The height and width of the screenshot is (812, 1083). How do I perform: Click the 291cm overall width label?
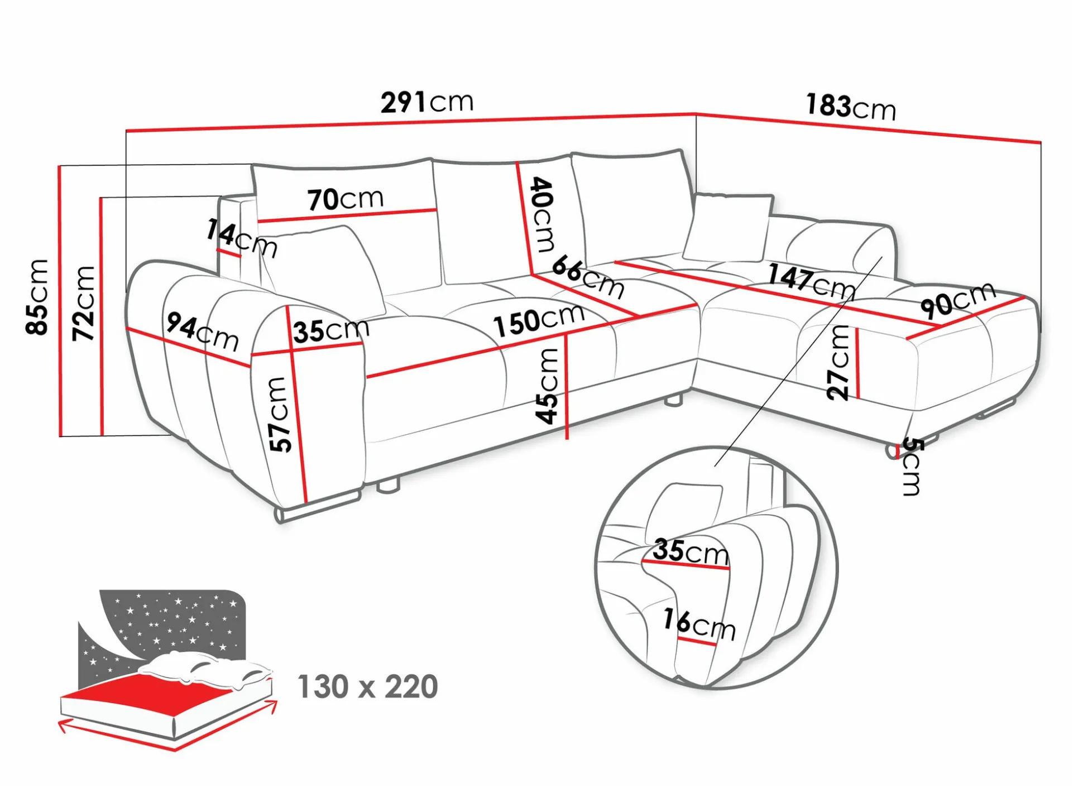coord(427,102)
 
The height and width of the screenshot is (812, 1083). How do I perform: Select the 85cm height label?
coord(37,296)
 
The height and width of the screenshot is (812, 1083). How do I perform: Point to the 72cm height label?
coord(84,303)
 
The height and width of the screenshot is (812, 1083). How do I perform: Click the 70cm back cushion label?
coord(346,199)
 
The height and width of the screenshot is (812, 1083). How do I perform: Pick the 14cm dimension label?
coord(241,238)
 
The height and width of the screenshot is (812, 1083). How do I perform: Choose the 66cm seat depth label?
coord(588,277)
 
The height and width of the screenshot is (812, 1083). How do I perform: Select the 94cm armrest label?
coord(203,331)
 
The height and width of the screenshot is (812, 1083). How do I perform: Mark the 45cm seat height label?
coord(548,386)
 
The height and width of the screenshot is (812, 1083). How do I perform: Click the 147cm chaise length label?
coord(811,281)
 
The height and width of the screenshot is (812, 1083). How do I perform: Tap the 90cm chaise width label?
coord(958,299)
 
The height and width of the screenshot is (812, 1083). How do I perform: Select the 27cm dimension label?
coord(838,363)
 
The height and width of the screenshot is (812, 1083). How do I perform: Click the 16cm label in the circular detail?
coord(699,624)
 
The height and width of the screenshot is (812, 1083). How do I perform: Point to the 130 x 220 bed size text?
coord(368,686)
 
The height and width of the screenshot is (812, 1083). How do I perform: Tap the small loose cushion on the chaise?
coord(727,227)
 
